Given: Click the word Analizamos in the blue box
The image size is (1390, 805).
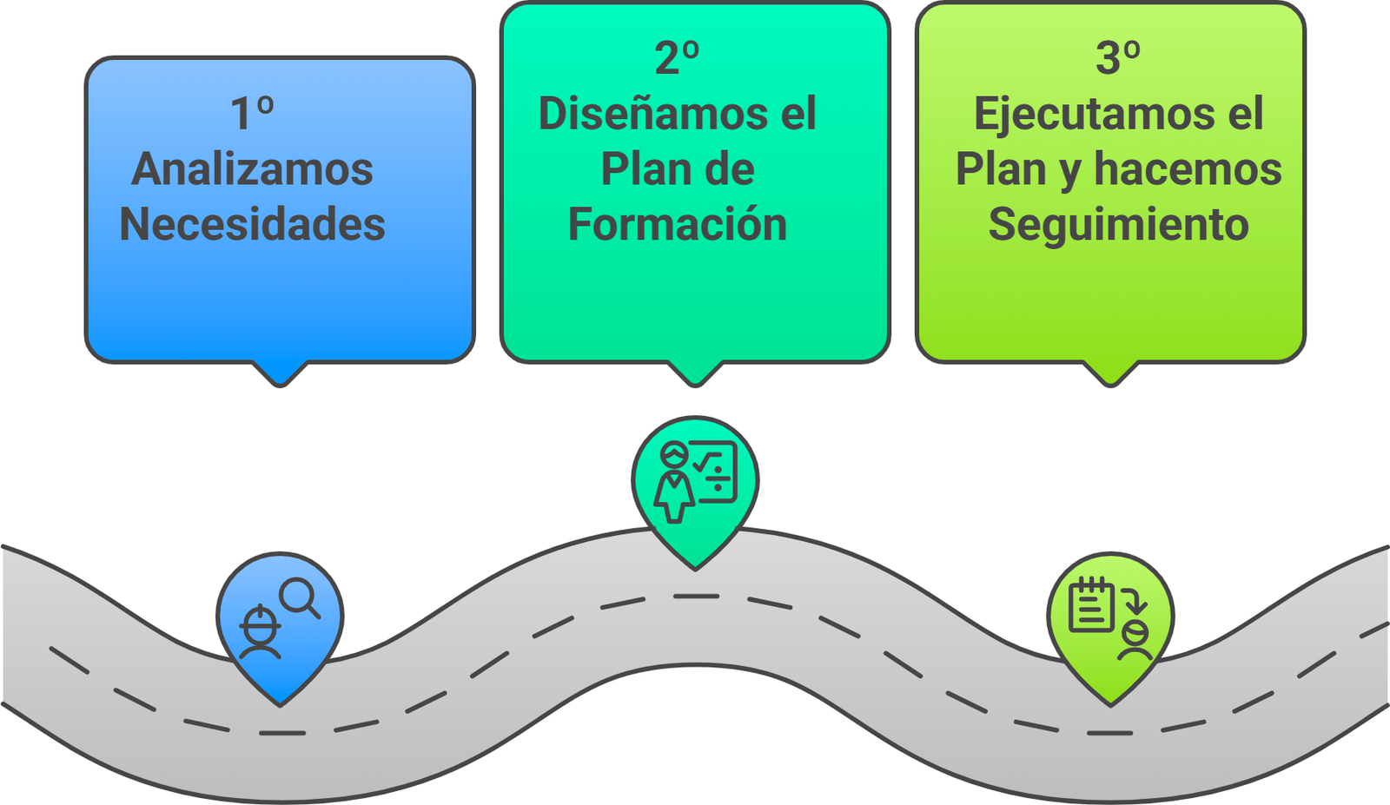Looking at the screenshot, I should [x=252, y=169].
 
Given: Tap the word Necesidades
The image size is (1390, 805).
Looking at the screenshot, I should [x=252, y=224].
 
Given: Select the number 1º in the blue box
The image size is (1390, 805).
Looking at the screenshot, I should [x=252, y=114].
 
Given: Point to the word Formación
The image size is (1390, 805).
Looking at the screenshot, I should [x=678, y=224].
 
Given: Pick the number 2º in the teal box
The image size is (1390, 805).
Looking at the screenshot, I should [x=677, y=58].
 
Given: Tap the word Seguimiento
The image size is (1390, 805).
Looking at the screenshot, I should [x=1118, y=224].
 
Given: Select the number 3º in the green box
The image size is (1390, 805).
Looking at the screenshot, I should [x=1118, y=58].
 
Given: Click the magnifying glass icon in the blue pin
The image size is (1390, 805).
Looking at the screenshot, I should [x=299, y=597].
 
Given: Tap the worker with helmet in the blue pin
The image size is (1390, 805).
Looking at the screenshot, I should [x=260, y=632].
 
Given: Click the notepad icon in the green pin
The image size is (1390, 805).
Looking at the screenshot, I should [x=1090, y=604].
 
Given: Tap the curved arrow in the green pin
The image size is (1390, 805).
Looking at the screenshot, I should [x=1134, y=599].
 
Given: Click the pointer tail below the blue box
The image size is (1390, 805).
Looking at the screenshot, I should [x=280, y=373].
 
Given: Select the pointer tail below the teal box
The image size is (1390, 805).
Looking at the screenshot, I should [x=695, y=373].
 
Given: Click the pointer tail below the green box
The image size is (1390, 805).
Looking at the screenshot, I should [x=1110, y=373].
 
